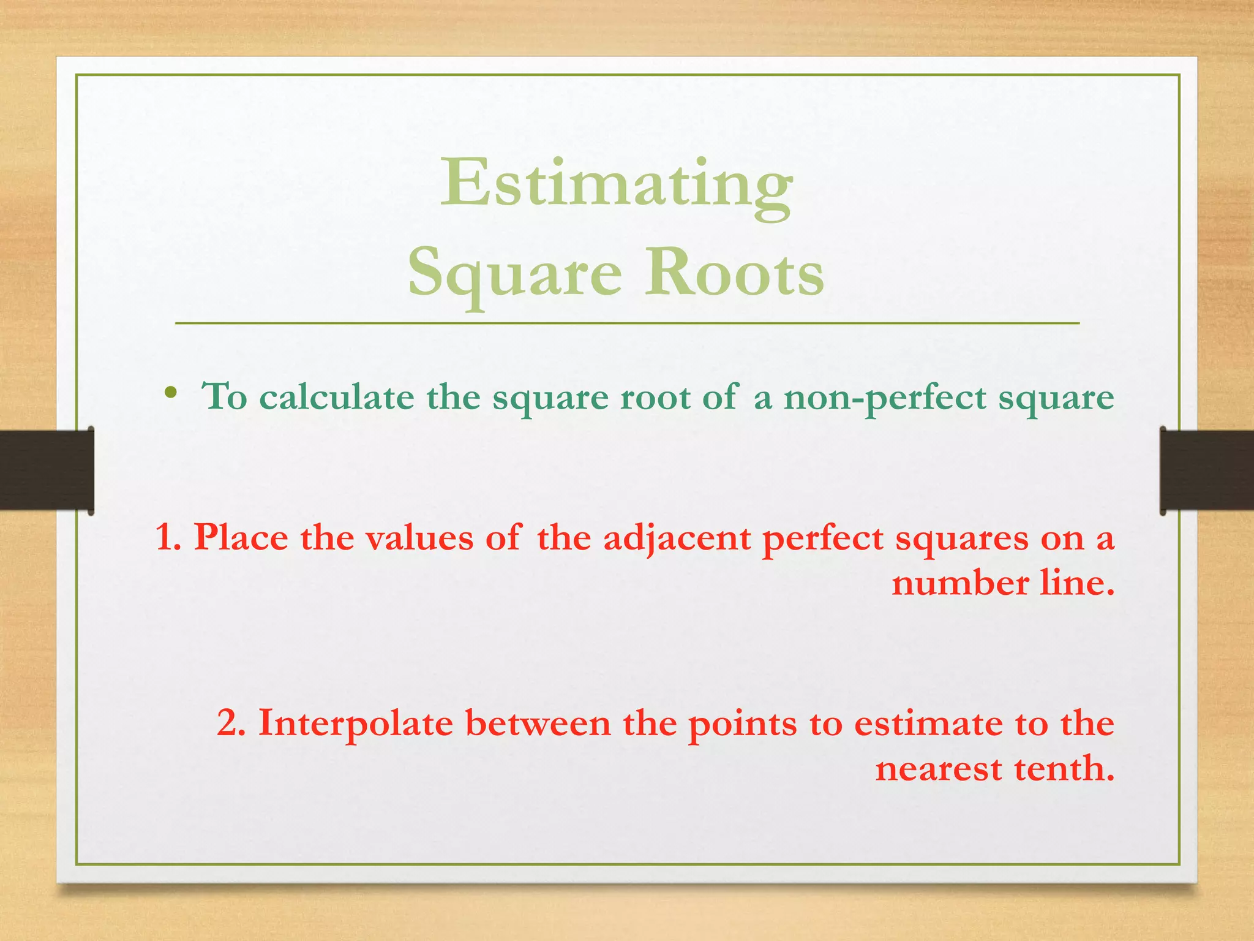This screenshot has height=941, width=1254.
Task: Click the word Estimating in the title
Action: (x=616, y=184)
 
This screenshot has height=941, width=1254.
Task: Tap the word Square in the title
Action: (x=514, y=273)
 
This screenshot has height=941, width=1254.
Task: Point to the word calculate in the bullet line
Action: (x=336, y=396)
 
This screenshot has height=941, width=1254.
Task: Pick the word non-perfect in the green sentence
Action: (x=885, y=398)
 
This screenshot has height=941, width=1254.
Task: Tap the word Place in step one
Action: (x=241, y=537)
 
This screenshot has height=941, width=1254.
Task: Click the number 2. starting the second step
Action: (x=231, y=723)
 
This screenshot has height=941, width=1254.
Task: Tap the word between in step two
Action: (x=538, y=723)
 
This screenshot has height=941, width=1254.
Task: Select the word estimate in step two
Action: (x=928, y=723)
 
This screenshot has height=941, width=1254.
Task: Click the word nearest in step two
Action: (x=938, y=768)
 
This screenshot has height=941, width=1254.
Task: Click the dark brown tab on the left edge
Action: (x=47, y=470)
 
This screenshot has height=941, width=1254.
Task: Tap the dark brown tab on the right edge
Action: (x=1207, y=470)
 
